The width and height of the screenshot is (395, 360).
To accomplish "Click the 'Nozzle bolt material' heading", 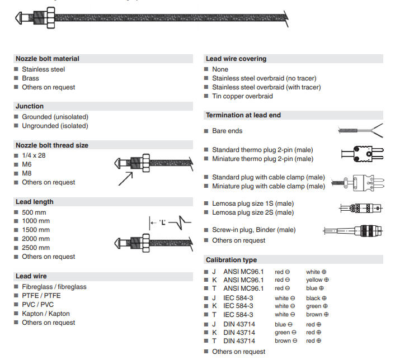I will (48, 59).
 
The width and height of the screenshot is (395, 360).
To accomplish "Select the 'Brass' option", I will (30, 78).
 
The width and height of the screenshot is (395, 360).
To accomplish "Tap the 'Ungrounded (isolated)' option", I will (55, 126).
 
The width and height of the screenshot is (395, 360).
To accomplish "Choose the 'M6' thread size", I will (27, 164).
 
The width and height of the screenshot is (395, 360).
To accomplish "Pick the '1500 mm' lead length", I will (35, 230).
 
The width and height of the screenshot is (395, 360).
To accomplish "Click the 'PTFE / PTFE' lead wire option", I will (41, 296).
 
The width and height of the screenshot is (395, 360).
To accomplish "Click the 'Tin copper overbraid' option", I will (242, 96).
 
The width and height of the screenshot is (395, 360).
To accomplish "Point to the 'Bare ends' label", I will (227, 131).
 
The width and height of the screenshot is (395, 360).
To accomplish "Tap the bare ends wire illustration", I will (360, 131).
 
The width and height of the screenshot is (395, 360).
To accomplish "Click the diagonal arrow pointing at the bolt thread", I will (125, 178).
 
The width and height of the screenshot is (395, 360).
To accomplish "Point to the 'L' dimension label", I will (162, 222).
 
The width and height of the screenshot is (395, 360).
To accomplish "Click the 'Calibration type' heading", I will (232, 260).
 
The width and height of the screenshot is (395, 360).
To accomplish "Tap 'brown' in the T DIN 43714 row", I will (283, 340).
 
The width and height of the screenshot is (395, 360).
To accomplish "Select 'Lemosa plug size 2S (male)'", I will (253, 212).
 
